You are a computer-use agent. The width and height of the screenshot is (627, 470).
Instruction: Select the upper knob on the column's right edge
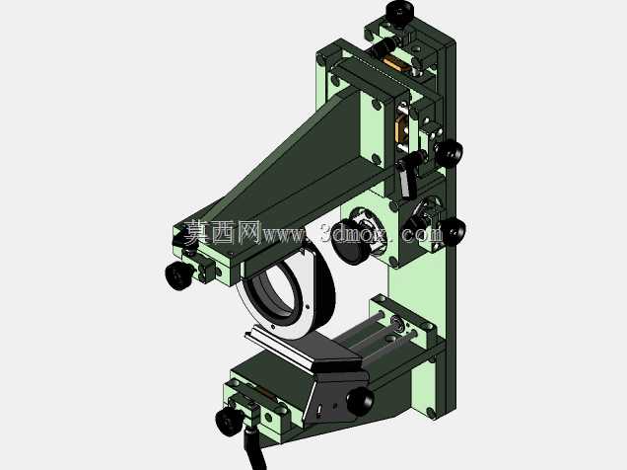[x=449, y=152]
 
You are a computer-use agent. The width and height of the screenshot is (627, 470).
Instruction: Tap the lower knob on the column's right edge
[x=453, y=232]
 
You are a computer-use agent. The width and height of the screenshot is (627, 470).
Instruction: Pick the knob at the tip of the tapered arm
[x=177, y=274]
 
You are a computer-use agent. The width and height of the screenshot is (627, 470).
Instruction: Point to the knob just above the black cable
[x=229, y=422]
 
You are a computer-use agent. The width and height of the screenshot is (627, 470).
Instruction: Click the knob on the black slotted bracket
[x=360, y=401]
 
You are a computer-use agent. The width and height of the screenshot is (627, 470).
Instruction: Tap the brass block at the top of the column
[x=396, y=64]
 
